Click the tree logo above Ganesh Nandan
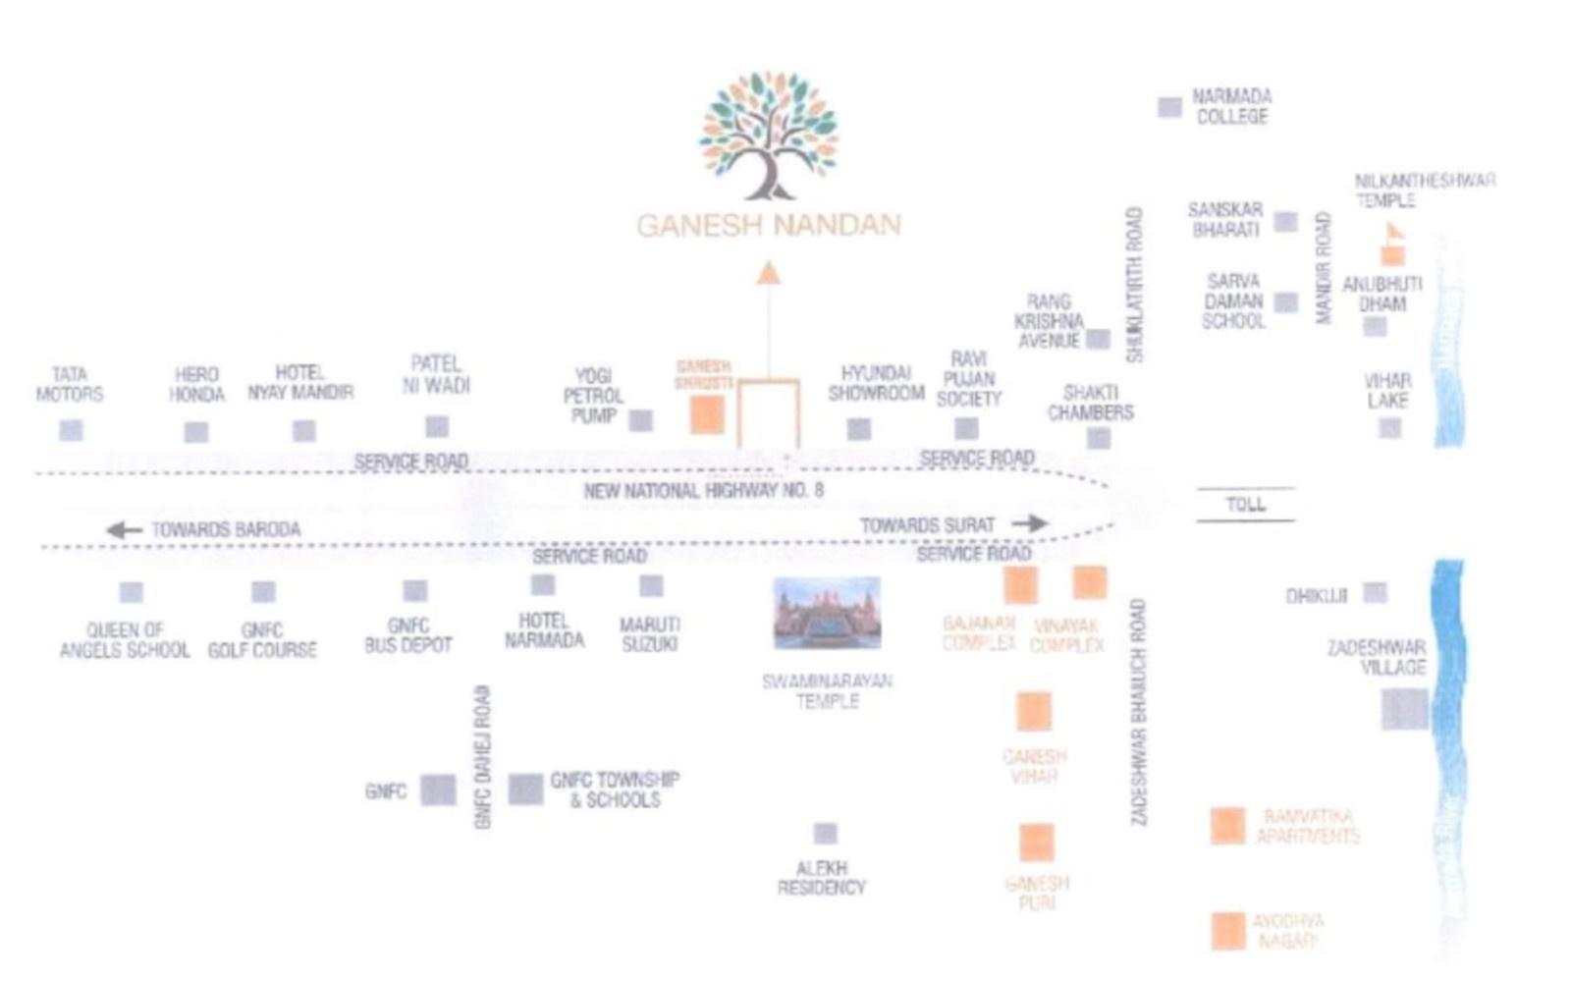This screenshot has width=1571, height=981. [x=768, y=136]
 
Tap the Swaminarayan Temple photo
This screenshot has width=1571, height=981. [x=827, y=614]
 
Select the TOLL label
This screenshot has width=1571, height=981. [x=1245, y=505]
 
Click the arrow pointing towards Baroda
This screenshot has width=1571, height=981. [x=124, y=530]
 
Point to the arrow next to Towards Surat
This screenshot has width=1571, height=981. [x=1029, y=523]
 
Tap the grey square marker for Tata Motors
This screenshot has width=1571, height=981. [x=71, y=430]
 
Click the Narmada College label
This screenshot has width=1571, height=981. [x=1231, y=106]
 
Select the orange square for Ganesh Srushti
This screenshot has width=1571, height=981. [x=707, y=415]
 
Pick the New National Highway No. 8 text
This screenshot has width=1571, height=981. [x=703, y=490]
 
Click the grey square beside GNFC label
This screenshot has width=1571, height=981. [x=438, y=790]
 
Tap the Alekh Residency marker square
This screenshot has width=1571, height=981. [x=826, y=834]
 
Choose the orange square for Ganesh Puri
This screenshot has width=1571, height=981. [x=1036, y=843]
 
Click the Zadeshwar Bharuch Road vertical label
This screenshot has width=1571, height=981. [x=1138, y=712]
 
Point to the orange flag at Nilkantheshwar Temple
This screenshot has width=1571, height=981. [x=1393, y=234]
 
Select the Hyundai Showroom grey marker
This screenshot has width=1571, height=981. [x=859, y=429]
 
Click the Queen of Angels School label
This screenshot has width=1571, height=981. [x=125, y=640]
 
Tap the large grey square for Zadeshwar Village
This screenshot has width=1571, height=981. [x=1404, y=709]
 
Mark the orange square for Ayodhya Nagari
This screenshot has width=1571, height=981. [x=1227, y=931]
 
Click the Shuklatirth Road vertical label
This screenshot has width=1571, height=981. [x=1135, y=285]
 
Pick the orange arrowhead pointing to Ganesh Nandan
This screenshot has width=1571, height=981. [x=768, y=272]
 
